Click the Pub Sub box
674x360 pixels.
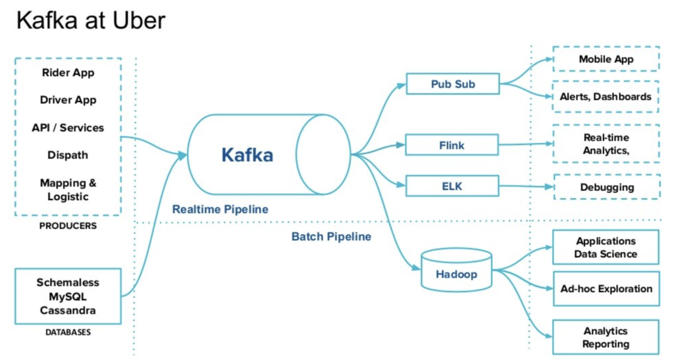[x=453, y=84]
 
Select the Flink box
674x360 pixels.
[x=452, y=145]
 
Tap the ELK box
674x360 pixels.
[x=452, y=186]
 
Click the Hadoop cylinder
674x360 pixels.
[x=455, y=270]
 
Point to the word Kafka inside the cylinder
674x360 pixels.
[x=247, y=155]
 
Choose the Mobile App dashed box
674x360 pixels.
[x=606, y=59]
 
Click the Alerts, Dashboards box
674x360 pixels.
[x=606, y=96]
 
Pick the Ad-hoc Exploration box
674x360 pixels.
[x=606, y=288]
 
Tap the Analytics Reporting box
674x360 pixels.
[x=606, y=337]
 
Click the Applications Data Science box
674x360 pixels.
[x=606, y=247]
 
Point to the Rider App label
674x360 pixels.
[x=67, y=72]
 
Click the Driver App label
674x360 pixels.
[x=68, y=100]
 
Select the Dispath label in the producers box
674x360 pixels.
[x=68, y=155]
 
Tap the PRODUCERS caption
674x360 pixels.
[x=68, y=226]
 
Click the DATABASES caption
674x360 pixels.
[x=68, y=332]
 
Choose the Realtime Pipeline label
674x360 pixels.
[x=220, y=209]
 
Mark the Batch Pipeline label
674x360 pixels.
[x=331, y=236]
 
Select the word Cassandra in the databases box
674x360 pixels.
[x=68, y=310]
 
